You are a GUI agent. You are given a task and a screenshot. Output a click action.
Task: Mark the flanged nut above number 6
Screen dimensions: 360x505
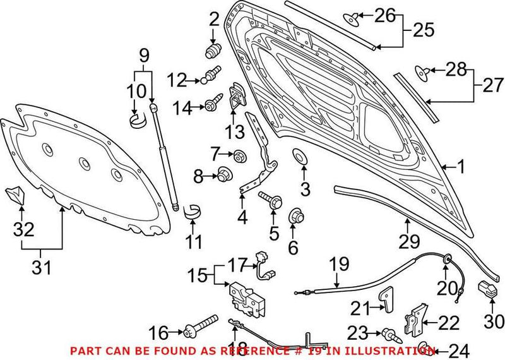click(294, 217)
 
